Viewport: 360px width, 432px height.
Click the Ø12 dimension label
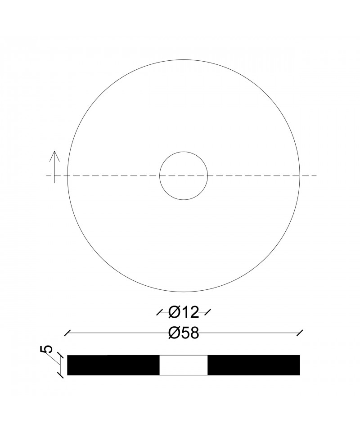click(x=184, y=313)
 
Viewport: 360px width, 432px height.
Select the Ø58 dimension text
click(x=184, y=333)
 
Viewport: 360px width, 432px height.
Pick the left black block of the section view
click(x=113, y=365)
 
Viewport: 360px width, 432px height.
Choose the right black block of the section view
click(x=254, y=365)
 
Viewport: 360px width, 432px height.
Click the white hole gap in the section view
click(x=184, y=365)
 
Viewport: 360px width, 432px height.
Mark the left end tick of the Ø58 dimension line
click(x=67, y=333)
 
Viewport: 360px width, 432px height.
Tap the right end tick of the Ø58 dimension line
click(x=300, y=333)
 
